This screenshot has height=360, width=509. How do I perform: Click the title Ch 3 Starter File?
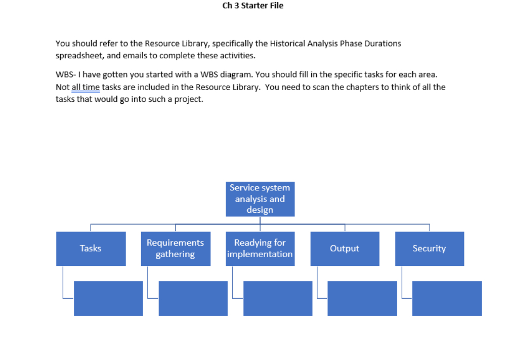click(x=253, y=6)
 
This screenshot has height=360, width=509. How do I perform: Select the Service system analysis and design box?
click(x=260, y=199)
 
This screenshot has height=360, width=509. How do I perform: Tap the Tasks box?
click(x=91, y=249)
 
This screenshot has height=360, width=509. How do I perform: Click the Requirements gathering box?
click(x=175, y=249)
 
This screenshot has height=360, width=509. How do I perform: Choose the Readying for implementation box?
click(x=260, y=249)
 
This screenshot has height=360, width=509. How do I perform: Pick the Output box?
click(x=345, y=249)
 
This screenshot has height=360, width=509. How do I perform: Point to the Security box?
click(x=429, y=249)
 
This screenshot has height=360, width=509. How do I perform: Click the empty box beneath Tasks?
click(x=108, y=298)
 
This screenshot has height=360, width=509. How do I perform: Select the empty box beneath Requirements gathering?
click(x=193, y=298)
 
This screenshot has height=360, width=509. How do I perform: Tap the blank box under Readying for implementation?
click(x=278, y=298)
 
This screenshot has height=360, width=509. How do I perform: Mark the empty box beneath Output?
click(x=362, y=298)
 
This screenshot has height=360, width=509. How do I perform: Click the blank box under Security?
click(x=447, y=298)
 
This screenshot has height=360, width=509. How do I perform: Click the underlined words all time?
click(x=86, y=87)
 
